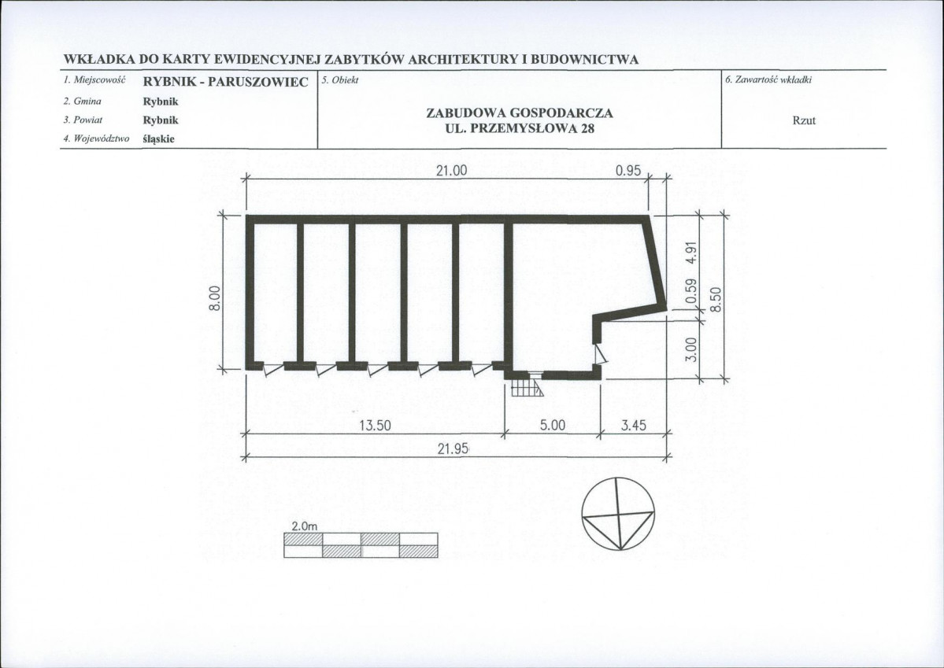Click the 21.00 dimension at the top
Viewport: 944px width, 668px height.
[452, 171]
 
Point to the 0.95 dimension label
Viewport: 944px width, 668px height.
[628, 171]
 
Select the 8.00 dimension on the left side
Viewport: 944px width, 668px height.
[214, 298]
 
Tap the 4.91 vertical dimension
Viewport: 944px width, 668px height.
[692, 252]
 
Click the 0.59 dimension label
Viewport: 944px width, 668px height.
[692, 290]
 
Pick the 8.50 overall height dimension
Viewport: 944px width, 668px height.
[715, 299]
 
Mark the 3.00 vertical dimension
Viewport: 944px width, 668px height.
[692, 349]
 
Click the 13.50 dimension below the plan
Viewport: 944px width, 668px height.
[375, 426]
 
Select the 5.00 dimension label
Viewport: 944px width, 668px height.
[552, 426]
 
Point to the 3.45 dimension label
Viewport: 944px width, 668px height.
[633, 426]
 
